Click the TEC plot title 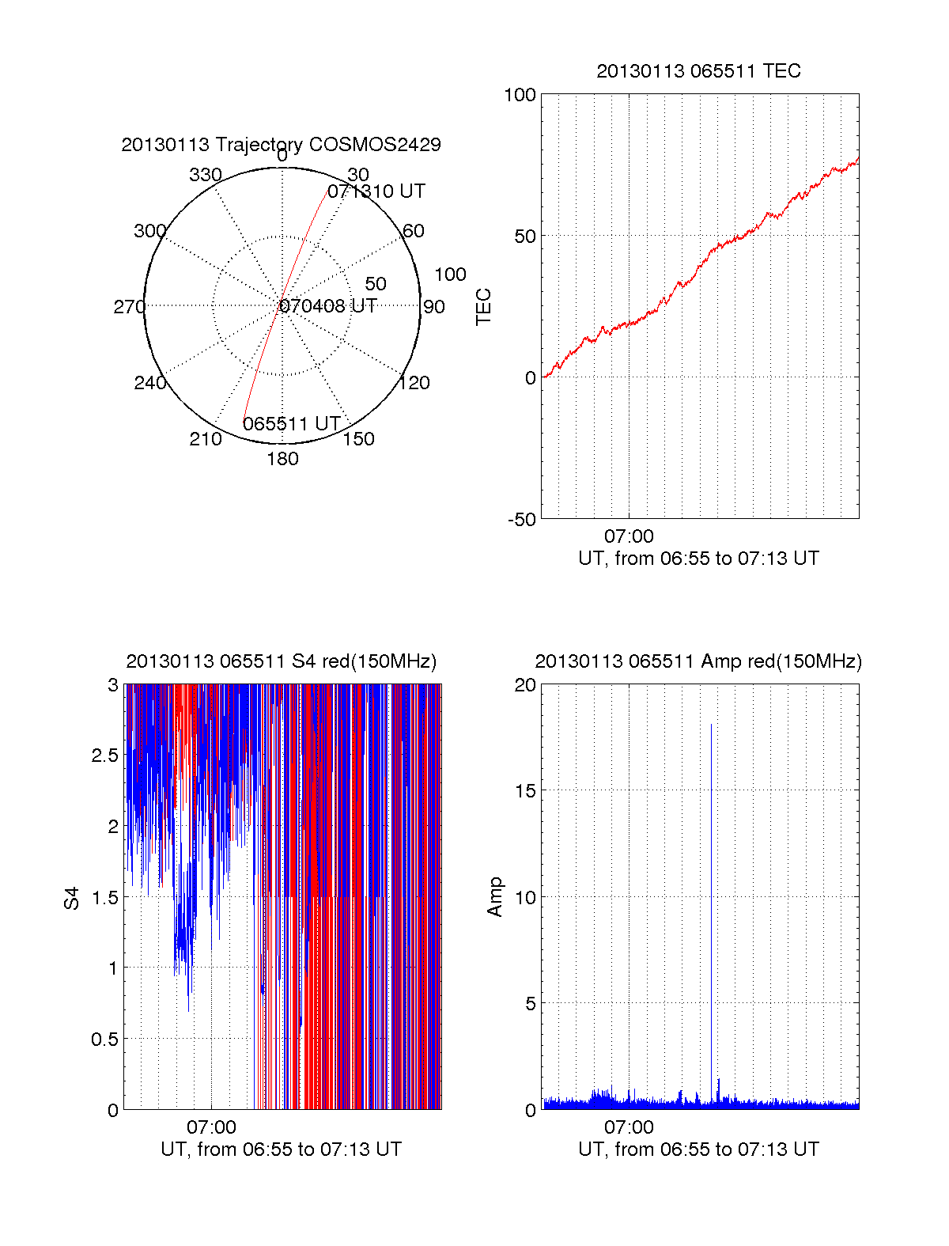click(x=698, y=71)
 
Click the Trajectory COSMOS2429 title click(x=281, y=145)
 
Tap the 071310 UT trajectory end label click(x=376, y=191)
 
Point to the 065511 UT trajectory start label click(x=291, y=424)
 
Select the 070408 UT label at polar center click(x=328, y=306)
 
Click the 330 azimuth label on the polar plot click(x=206, y=175)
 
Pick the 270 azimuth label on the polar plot click(x=129, y=307)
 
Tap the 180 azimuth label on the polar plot click(x=282, y=459)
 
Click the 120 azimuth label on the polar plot click(x=414, y=384)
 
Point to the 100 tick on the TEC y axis click(x=520, y=95)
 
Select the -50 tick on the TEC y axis click(x=521, y=520)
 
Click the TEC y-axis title click(x=483, y=307)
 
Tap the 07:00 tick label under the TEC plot click(x=629, y=536)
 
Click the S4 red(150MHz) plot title click(x=281, y=661)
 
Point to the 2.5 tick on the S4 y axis click(x=105, y=756)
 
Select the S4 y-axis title click(x=72, y=898)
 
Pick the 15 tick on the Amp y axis click(x=525, y=791)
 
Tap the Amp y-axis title click(x=495, y=897)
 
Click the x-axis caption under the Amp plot click(x=698, y=1149)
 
